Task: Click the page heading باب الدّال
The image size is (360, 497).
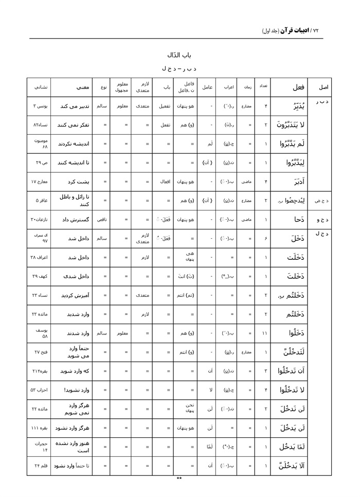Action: click(x=180, y=54)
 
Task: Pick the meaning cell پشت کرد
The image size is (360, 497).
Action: click(x=77, y=182)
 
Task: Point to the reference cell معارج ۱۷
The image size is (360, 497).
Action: click(x=40, y=182)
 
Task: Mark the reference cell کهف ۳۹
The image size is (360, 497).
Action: click(x=40, y=276)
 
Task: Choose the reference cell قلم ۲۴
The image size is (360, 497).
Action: click(x=40, y=466)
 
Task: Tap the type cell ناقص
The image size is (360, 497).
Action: click(x=105, y=220)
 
